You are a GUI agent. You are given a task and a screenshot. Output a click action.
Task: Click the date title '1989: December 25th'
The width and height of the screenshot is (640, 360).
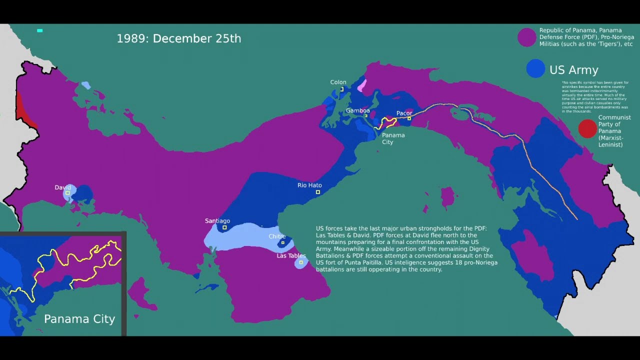coord(178,38)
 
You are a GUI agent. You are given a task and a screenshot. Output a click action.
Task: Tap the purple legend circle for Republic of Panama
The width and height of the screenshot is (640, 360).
coord(526,37)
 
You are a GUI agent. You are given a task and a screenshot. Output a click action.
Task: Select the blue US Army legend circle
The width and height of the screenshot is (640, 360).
coord(535,69)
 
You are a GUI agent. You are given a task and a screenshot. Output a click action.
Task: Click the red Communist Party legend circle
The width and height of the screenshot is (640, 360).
coord(587,129)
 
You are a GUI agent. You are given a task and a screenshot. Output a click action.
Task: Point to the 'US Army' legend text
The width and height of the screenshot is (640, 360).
coord(573,70)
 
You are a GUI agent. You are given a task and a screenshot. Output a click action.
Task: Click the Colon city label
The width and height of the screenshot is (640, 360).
coord(338,82)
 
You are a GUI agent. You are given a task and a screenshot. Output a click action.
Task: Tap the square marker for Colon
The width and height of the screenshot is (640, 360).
coord(342,89)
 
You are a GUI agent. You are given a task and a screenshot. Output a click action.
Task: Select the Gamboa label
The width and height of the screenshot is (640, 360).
coord(357,110)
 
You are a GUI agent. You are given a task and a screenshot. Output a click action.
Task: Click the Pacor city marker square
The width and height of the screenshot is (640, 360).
coord(409,118)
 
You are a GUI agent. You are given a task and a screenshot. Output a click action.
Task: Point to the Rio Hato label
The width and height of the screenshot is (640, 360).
coord(309,185)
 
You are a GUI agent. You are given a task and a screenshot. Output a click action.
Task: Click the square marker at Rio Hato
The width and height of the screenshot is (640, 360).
coord(318,192)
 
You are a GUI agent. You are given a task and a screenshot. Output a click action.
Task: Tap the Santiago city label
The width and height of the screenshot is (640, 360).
coord(217,221)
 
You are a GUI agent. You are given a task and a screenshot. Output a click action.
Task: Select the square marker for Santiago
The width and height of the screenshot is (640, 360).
coord(224,227)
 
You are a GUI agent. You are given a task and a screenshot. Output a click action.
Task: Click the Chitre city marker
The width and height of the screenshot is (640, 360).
coord(282,243)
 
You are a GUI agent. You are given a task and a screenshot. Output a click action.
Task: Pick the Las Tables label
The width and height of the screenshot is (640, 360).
coord(291,256)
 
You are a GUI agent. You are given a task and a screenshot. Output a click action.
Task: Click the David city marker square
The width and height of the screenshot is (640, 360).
coord(67,193)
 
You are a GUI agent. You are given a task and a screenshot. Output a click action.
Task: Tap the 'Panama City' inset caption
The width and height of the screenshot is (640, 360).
coord(79,319)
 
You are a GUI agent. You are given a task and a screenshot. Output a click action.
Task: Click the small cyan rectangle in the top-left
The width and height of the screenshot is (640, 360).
coord(40,31)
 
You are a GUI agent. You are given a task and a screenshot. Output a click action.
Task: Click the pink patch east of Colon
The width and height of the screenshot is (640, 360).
coord(362,86)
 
